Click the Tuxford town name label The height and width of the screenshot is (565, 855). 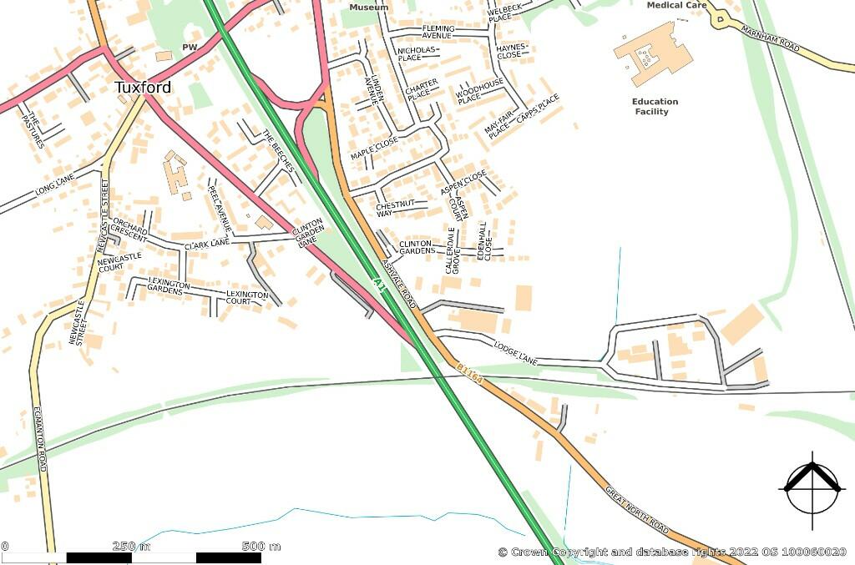tap(143, 88)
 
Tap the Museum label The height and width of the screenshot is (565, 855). tap(368, 8)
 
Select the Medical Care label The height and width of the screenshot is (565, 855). tap(676, 5)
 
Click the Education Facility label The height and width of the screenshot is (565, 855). tap(655, 107)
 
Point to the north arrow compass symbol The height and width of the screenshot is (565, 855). tap(812, 490)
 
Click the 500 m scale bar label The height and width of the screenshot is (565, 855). tap(261, 547)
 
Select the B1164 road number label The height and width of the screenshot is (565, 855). tap(469, 373)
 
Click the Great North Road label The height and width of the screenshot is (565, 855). tap(637, 510)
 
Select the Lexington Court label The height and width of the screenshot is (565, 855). tap(248, 298)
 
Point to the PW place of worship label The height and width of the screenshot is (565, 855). tap(189, 48)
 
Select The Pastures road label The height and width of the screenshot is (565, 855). tap(33, 129)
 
